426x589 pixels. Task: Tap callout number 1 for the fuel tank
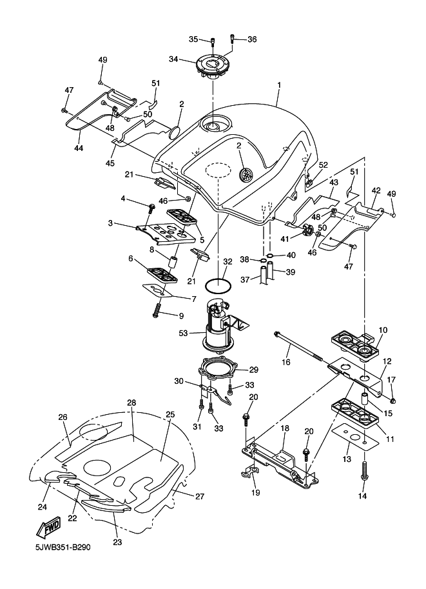[279, 85]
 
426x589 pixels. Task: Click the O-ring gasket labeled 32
[219, 285]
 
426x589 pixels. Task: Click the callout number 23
[117, 542]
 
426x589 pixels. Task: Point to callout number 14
[362, 496]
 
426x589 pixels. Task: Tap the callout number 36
[251, 39]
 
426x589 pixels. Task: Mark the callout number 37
[244, 279]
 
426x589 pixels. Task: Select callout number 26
[63, 417]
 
